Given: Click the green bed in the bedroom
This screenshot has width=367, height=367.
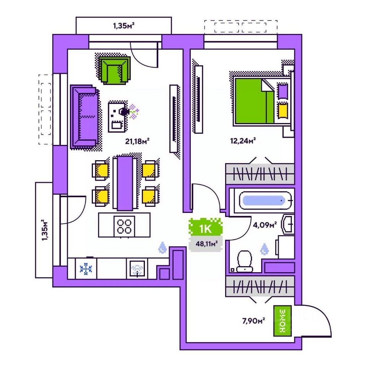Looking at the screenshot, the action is (x=254, y=101).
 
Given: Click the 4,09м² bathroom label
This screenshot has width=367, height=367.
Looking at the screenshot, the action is (x=265, y=225).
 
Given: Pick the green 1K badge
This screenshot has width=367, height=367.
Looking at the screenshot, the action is (x=206, y=229).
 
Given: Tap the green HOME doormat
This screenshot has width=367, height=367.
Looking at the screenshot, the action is (x=283, y=321).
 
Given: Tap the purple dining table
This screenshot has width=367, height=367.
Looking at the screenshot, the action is (x=125, y=182).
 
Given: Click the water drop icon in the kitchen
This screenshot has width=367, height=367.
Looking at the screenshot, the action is (x=163, y=248).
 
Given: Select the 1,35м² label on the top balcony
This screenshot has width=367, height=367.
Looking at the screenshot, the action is (x=123, y=26).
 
